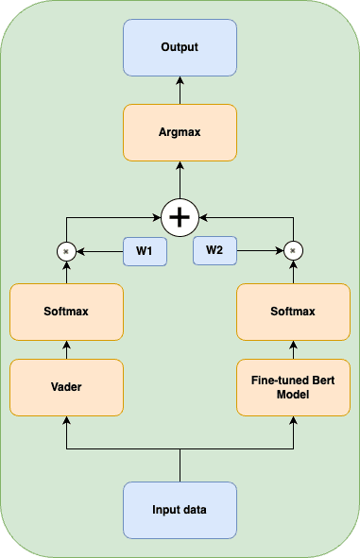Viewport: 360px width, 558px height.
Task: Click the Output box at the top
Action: [180, 47]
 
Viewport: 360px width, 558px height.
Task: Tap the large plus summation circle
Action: [180, 217]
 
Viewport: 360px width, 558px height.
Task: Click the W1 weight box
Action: [144, 251]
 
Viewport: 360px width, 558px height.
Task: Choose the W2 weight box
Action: [214, 251]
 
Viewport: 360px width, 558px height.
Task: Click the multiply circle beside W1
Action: [66, 251]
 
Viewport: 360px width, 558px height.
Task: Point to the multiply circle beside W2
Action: [294, 251]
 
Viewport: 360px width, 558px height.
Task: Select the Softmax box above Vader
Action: [66, 311]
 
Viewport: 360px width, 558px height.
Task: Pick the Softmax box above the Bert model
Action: [294, 311]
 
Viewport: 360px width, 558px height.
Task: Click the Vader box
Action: [66, 387]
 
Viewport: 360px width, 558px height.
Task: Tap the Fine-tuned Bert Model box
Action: [294, 387]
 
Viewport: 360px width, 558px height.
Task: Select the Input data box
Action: [180, 510]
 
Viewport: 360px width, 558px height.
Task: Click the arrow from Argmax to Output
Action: [180, 90]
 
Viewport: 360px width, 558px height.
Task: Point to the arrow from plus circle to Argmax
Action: [180, 178]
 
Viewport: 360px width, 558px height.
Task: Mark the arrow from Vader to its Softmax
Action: [66, 349]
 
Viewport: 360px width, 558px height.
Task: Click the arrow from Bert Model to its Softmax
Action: [294, 349]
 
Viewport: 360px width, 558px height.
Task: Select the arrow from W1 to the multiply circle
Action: [100, 251]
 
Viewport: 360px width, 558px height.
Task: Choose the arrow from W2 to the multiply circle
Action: [260, 251]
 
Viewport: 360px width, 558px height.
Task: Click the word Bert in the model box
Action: [316, 380]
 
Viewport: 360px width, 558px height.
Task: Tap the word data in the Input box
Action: [196, 510]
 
